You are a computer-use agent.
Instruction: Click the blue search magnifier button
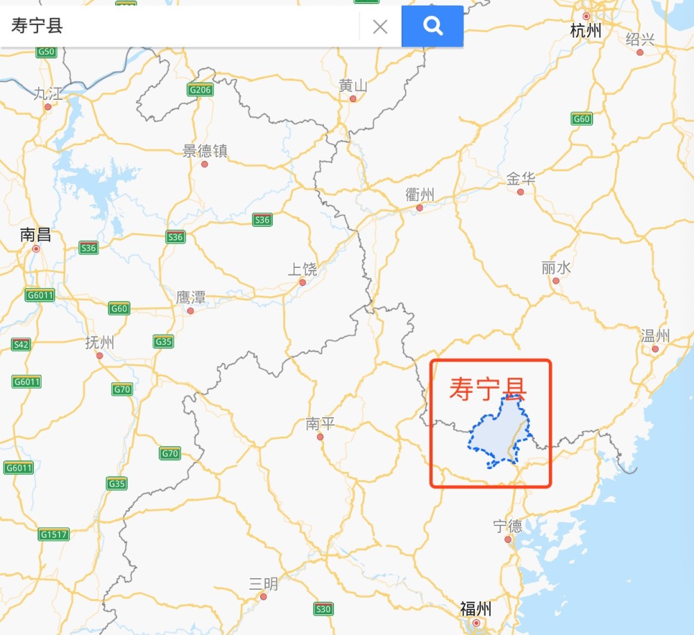click(x=432, y=26)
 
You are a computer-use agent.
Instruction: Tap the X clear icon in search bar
click(x=380, y=27)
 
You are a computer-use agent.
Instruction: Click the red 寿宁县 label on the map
click(x=487, y=389)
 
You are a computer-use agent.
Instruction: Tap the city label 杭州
click(x=586, y=31)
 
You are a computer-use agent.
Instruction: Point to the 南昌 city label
click(x=35, y=235)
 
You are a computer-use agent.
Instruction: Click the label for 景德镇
click(x=205, y=151)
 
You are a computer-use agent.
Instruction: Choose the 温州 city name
click(x=655, y=337)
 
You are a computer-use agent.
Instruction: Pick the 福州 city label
click(x=476, y=609)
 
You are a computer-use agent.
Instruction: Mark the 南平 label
click(x=320, y=424)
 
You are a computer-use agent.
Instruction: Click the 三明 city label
click(x=264, y=584)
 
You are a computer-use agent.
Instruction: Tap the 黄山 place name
click(x=353, y=85)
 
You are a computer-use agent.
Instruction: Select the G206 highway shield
click(x=200, y=90)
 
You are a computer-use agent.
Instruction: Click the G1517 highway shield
click(x=53, y=534)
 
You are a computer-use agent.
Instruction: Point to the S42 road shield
click(x=21, y=344)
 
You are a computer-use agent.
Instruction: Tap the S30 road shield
click(x=323, y=609)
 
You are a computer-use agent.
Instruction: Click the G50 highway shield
click(x=46, y=51)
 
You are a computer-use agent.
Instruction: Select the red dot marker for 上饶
click(x=303, y=282)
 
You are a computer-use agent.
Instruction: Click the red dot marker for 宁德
click(x=508, y=539)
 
